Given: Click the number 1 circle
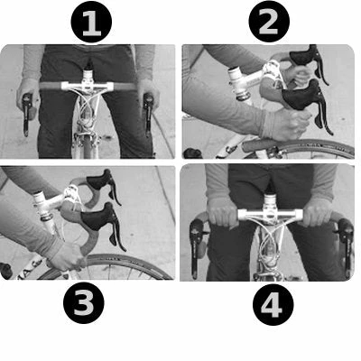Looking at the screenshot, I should (89, 23).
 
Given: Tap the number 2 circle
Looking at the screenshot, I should (268, 23).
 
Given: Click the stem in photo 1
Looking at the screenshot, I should (88, 75).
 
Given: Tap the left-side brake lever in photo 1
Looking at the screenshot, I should (27, 113).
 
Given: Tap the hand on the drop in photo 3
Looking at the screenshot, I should (68, 255).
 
